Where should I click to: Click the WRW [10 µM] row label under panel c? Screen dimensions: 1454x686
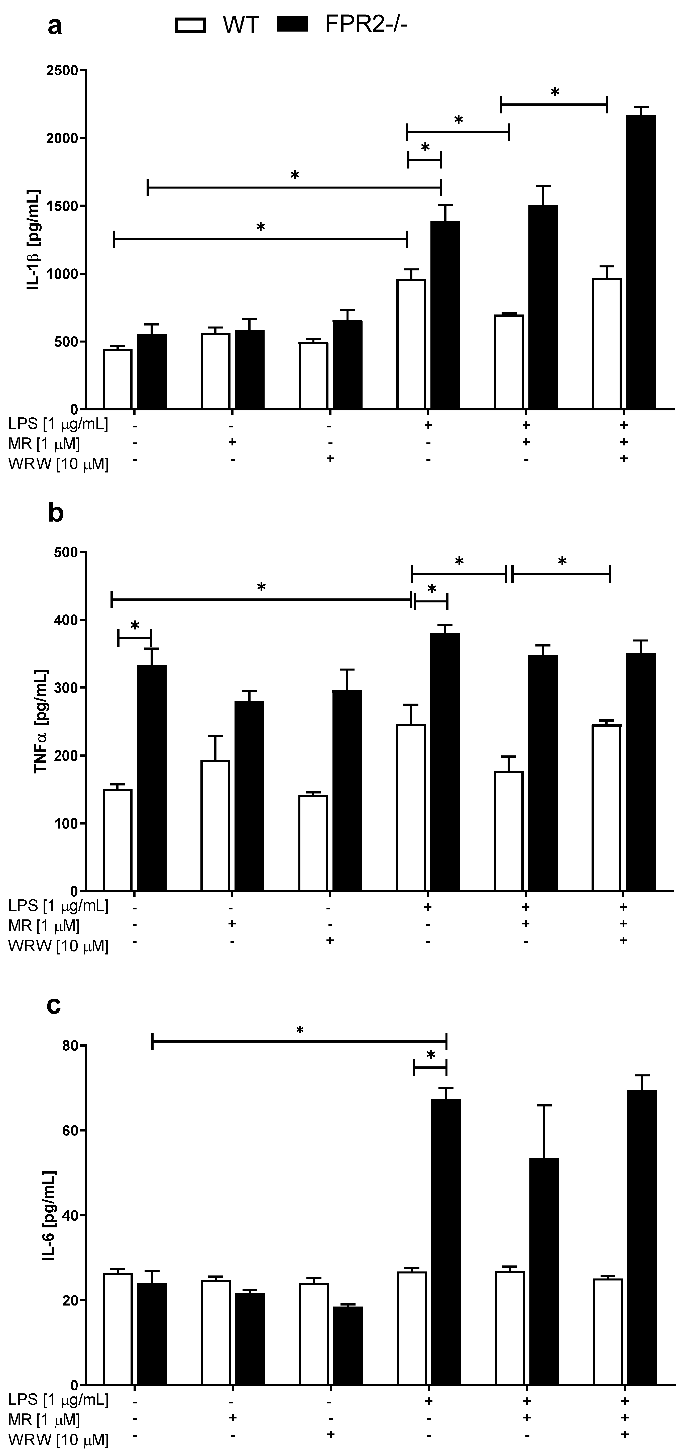click(58, 1439)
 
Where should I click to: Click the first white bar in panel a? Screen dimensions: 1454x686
click(118, 379)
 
